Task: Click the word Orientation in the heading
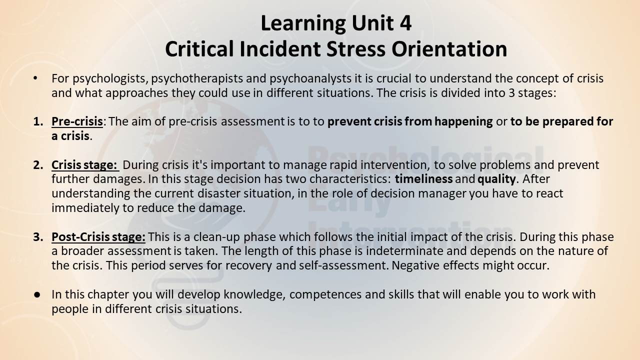point(449,49)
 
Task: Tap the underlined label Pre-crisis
point(77,121)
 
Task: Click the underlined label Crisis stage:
point(84,165)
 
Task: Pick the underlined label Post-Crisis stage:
point(98,237)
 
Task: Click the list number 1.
point(38,121)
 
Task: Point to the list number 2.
point(38,165)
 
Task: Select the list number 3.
point(38,237)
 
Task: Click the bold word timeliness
point(423,179)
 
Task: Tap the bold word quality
point(496,179)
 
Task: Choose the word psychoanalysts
point(310,79)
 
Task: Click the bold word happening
point(463,122)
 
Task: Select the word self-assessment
point(342,265)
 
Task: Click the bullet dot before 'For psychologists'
point(35,78)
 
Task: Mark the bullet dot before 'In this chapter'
point(36,295)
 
